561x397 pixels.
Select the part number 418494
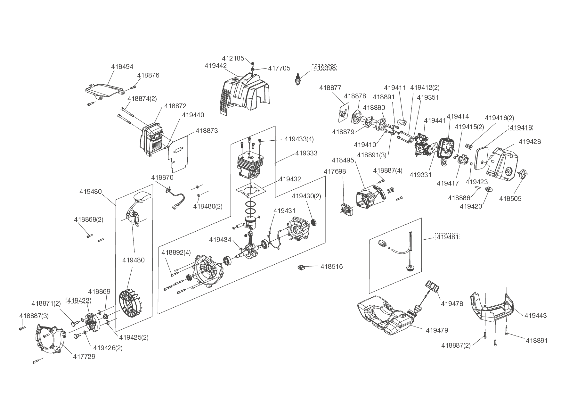tap(122, 67)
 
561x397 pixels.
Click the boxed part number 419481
tap(447, 237)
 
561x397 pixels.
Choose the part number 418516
tap(331, 267)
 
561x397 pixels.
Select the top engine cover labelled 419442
tap(245, 93)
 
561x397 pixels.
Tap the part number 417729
tap(84, 356)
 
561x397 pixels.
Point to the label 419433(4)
tap(299, 139)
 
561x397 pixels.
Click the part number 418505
tap(510, 199)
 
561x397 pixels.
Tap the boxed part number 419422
tap(78, 300)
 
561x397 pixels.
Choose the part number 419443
tap(535, 316)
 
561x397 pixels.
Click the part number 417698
tap(335, 171)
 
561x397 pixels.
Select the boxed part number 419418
tap(521, 127)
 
